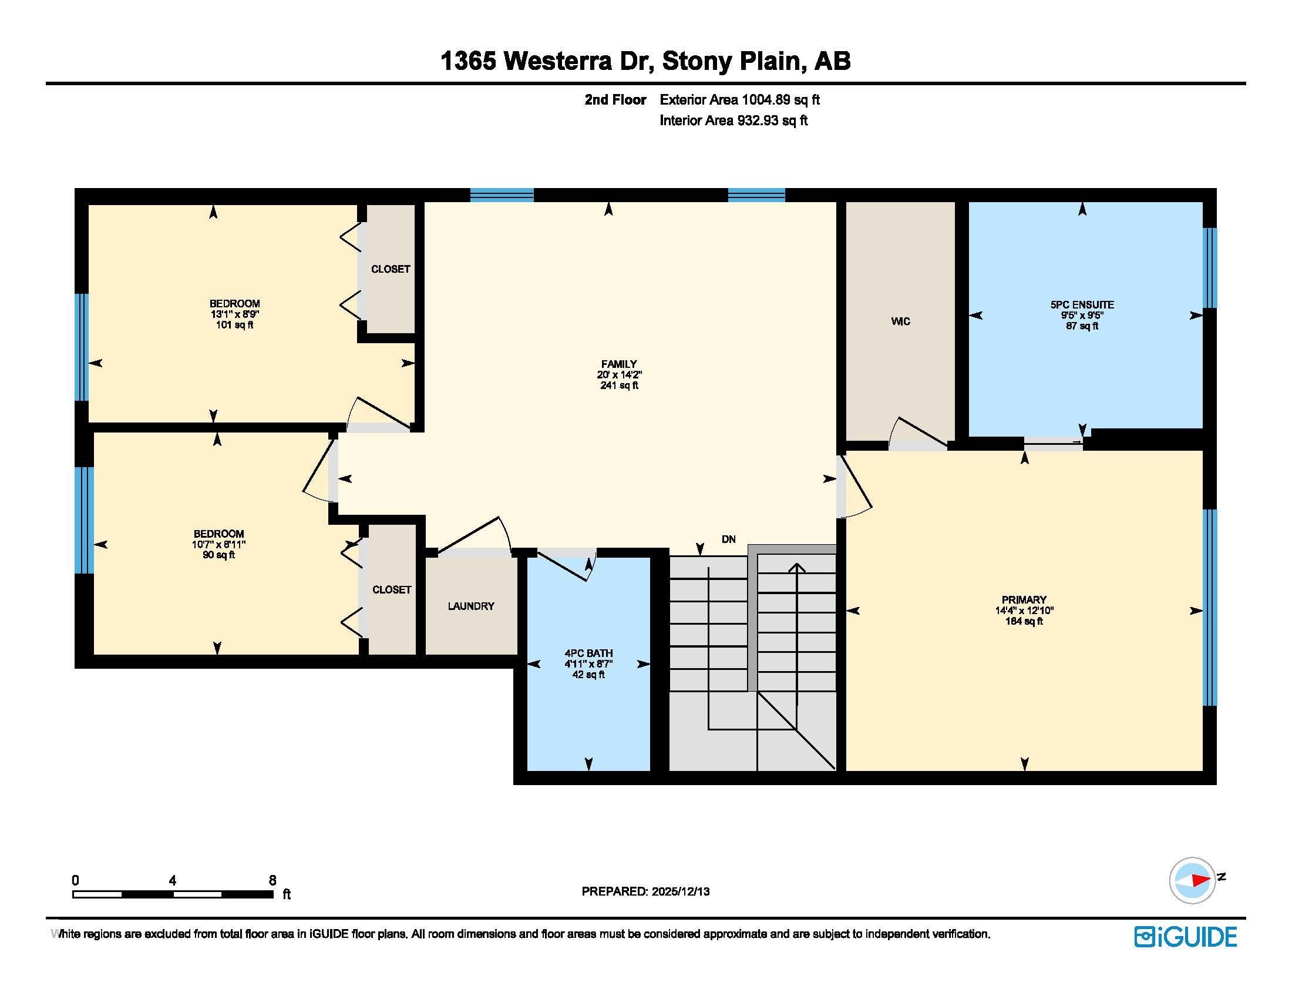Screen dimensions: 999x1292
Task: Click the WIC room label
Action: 900,321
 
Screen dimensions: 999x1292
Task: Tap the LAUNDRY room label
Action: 471,606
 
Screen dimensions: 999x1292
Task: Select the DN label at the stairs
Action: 728,539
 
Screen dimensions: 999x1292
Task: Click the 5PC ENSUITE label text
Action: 1082,305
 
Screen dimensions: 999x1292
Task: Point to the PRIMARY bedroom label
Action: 1024,599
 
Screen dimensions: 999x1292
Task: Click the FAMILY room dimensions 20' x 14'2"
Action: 619,375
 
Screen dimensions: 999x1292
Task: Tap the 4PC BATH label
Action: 588,653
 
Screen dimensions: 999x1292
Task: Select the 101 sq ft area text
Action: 234,325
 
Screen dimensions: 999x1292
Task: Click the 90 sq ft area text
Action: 218,555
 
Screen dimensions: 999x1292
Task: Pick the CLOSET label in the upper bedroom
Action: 391,269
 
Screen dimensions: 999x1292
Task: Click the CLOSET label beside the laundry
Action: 392,589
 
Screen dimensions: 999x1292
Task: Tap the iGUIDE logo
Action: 1186,937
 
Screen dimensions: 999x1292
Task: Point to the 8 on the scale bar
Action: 272,880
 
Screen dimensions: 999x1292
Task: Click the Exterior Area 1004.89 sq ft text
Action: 739,100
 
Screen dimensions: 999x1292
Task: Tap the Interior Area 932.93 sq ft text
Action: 734,120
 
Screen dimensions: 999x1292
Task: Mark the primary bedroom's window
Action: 1210,607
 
